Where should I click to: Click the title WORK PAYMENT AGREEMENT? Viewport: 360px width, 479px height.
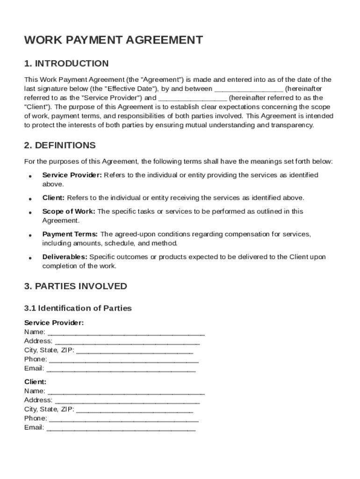click(114, 40)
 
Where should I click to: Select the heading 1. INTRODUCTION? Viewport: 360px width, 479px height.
click(66, 64)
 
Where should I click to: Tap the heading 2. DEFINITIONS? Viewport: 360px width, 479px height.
click(60, 145)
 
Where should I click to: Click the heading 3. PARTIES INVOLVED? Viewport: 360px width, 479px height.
click(75, 286)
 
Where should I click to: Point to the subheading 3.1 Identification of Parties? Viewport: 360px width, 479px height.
click(78, 308)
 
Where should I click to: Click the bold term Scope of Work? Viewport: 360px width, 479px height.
click(69, 211)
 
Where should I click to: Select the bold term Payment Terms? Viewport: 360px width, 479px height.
click(70, 234)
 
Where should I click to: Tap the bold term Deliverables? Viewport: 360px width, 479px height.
click(65, 257)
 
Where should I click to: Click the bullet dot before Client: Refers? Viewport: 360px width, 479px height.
click(30, 199)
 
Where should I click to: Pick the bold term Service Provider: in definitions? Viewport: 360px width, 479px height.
click(72, 175)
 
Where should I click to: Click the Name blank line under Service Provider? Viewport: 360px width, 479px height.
click(126, 333)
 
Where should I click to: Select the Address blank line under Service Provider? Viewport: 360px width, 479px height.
click(127, 341)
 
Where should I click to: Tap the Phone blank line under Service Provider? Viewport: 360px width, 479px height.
click(123, 360)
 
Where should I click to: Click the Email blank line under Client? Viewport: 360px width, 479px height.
click(121, 428)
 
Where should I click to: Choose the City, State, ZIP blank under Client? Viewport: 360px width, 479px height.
click(134, 410)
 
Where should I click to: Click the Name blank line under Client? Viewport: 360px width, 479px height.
click(126, 392)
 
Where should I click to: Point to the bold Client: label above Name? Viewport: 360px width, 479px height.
click(35, 382)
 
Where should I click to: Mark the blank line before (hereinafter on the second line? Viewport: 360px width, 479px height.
click(248, 89)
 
